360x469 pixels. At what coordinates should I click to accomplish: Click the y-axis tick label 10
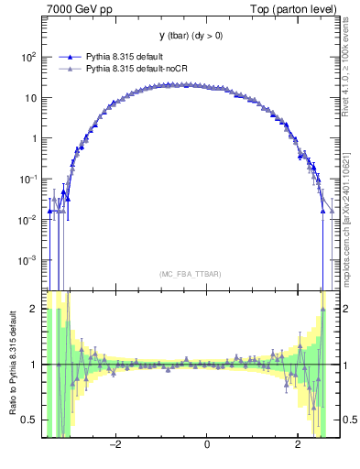point(30,97)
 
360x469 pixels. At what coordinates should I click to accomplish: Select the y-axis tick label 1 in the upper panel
point(34,138)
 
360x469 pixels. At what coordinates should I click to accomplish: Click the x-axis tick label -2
point(115,445)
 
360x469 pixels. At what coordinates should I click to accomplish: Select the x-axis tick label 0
point(207,445)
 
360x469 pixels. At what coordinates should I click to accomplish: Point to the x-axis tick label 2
point(298,445)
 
